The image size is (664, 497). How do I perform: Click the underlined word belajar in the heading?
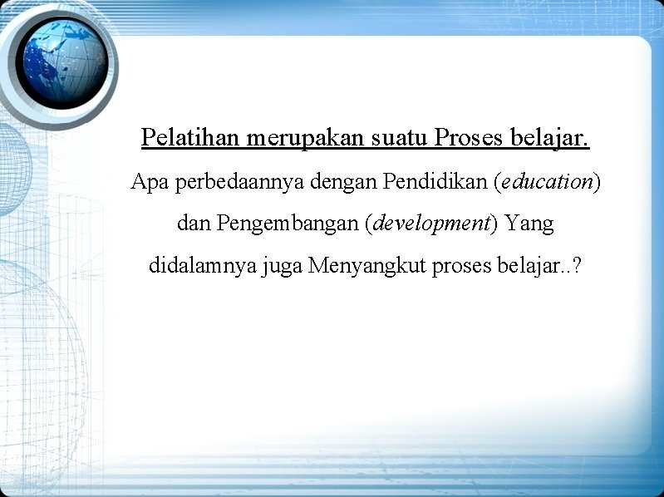click(x=548, y=137)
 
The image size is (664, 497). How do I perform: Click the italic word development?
click(x=432, y=224)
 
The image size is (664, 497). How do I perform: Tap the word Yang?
click(x=529, y=224)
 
